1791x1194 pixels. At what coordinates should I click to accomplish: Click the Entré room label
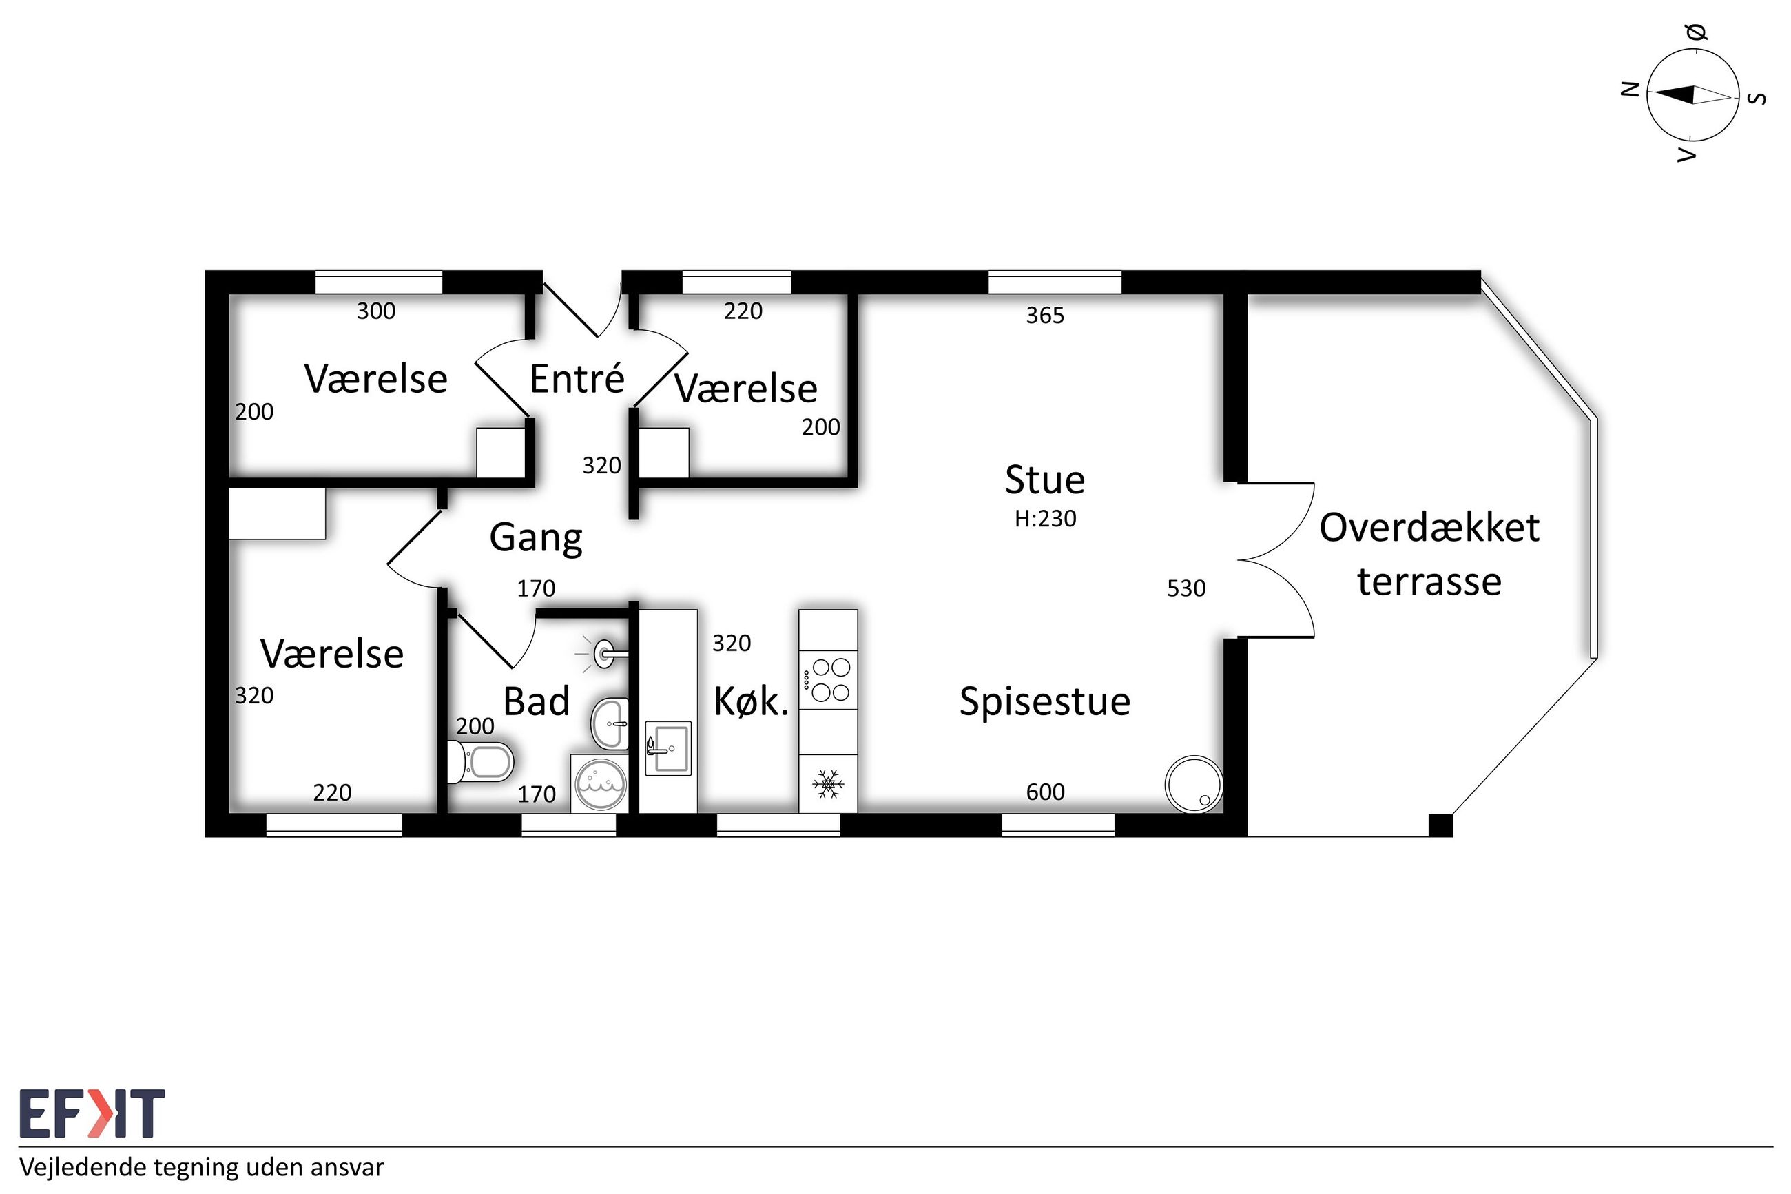pyautogui.click(x=577, y=378)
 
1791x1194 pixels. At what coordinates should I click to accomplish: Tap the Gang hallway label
pyautogui.click(x=536, y=538)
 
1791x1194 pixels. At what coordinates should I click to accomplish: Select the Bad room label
pyautogui.click(x=537, y=701)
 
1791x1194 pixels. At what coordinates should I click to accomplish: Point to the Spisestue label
pyautogui.click(x=1044, y=702)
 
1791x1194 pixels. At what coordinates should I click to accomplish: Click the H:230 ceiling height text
pyautogui.click(x=1045, y=519)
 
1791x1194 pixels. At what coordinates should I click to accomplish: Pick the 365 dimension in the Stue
pyautogui.click(x=1045, y=316)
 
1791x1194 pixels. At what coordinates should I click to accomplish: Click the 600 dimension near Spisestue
pyautogui.click(x=1045, y=792)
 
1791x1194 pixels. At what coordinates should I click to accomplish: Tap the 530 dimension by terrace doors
pyautogui.click(x=1186, y=588)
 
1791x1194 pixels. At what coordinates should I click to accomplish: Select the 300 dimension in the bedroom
pyautogui.click(x=376, y=311)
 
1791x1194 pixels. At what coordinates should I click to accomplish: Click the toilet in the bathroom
pyautogui.click(x=482, y=761)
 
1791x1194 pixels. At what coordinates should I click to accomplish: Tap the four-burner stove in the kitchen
pyautogui.click(x=828, y=680)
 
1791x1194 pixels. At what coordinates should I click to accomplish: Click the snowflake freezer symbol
pyautogui.click(x=828, y=783)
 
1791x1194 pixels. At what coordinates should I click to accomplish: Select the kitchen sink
pyautogui.click(x=668, y=748)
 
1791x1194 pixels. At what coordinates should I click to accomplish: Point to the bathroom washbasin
pyautogui.click(x=610, y=723)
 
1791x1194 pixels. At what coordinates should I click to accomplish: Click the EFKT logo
pyautogui.click(x=92, y=1113)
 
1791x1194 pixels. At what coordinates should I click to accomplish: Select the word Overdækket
pyautogui.click(x=1429, y=528)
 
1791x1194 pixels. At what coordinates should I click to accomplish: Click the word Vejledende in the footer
pyautogui.click(x=82, y=1166)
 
